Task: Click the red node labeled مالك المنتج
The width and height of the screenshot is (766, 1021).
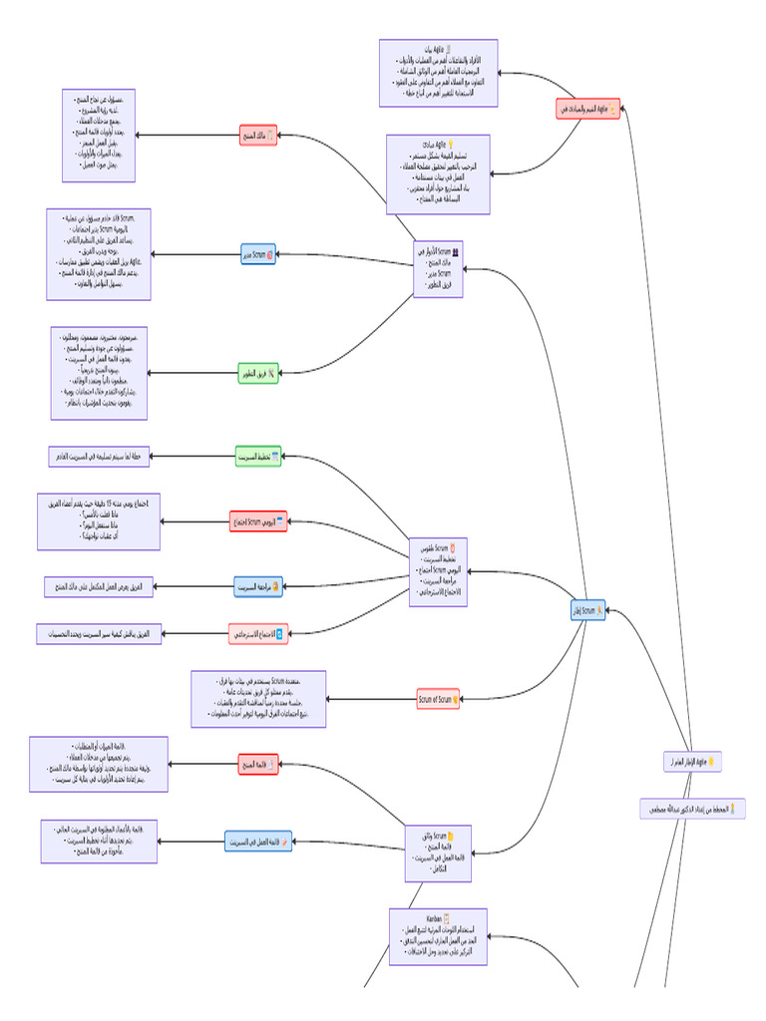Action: [258, 135]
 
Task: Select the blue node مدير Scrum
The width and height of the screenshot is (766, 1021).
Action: [258, 255]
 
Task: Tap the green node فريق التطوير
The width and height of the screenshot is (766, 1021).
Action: [258, 374]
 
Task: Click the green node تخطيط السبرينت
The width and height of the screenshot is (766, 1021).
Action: [258, 457]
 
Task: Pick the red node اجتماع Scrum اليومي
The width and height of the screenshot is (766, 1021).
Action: [258, 521]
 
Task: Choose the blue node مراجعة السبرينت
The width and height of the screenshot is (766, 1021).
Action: [258, 587]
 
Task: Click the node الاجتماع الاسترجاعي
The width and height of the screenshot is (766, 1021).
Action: [258, 633]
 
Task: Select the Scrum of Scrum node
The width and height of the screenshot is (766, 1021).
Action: [438, 699]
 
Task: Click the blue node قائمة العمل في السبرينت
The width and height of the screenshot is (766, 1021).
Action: [258, 842]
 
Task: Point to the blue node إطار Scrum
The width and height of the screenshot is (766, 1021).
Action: [587, 610]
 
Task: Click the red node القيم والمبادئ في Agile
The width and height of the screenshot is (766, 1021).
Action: [587, 109]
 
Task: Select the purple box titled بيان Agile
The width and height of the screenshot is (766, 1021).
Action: [439, 73]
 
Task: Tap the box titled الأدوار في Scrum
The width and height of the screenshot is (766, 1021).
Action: [439, 269]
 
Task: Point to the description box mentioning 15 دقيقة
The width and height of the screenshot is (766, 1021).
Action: [99, 521]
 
